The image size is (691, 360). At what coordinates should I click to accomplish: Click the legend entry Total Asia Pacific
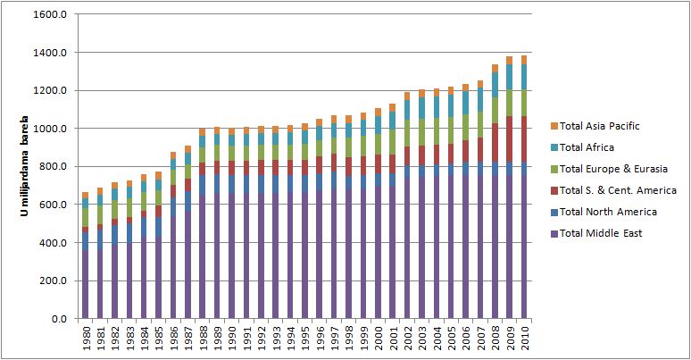coord(599,126)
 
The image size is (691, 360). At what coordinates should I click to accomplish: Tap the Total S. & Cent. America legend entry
coord(618,190)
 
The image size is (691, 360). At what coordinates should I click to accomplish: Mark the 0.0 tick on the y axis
coord(59,318)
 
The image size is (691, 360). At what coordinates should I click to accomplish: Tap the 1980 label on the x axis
coord(86,338)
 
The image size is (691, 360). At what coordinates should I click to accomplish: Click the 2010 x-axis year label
coord(523,338)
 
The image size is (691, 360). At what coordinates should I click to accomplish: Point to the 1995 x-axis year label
coord(304,338)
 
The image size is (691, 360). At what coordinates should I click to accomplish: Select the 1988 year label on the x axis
coord(203,338)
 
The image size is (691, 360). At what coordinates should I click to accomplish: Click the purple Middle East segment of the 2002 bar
coord(407,250)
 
